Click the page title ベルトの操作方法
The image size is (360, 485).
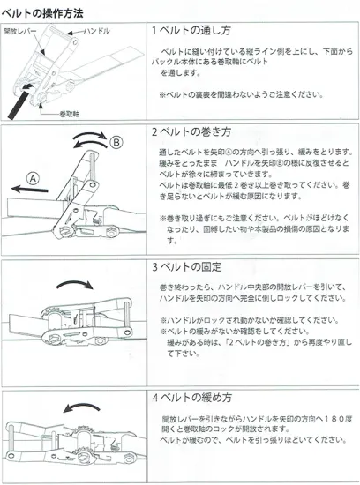pos(42,13)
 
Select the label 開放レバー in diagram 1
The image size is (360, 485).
pos(20,31)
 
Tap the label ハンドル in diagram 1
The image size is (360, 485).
pos(97,31)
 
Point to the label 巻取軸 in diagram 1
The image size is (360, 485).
pos(70,114)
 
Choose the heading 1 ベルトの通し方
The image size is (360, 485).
pos(191,30)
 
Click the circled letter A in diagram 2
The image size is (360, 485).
pos(33,179)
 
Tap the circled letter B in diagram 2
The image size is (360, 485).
pos(116,142)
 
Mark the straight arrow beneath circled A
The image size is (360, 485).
pos(29,190)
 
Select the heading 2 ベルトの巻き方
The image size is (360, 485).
pos(191,131)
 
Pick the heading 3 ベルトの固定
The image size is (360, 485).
pos(187,266)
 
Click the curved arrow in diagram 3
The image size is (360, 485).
pos(75,284)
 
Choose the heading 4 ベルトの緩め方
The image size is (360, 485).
pos(192,398)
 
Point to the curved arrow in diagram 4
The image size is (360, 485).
pos(81,407)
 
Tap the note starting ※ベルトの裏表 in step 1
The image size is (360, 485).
pos(241,94)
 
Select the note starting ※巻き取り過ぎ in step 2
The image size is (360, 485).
pos(254,229)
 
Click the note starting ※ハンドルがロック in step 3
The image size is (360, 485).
pos(249,320)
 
